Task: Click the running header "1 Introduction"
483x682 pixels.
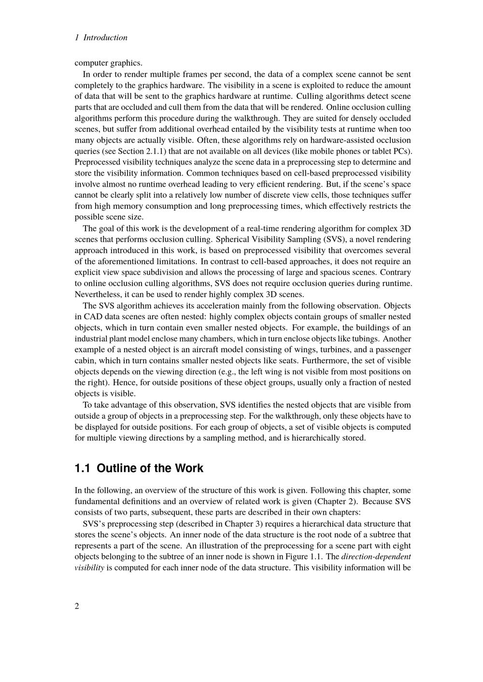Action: (x=101, y=38)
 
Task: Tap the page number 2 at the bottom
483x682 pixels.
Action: (x=77, y=606)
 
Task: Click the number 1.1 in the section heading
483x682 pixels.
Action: (x=83, y=468)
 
